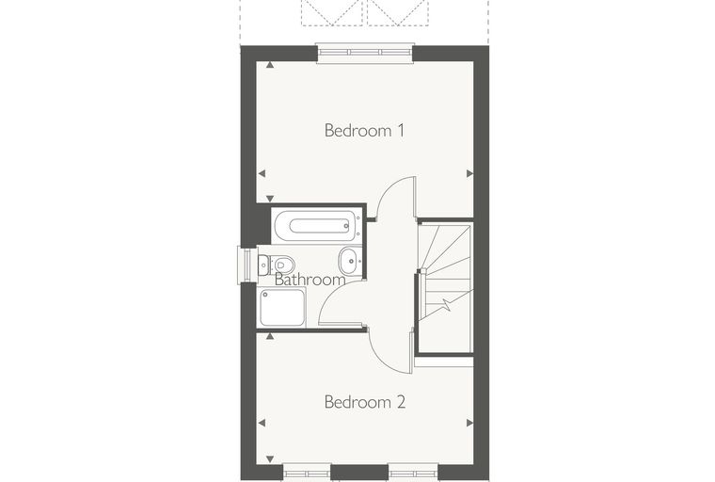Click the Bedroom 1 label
(364, 131)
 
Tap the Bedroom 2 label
(365, 402)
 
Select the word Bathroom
(310, 280)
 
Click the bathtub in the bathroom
(317, 226)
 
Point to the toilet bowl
(283, 265)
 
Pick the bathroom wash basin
(350, 261)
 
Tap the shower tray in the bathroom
(282, 307)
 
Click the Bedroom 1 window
(365, 53)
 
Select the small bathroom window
(246, 265)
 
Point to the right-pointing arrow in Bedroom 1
(469, 173)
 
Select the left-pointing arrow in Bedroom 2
(262, 423)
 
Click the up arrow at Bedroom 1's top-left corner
(270, 65)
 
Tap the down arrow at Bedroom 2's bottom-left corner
(270, 459)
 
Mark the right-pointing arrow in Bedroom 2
(469, 423)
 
